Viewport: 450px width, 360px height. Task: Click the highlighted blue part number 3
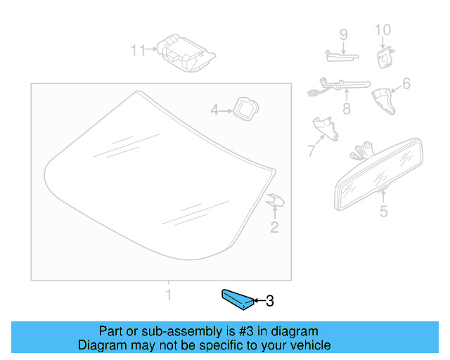tap(237, 299)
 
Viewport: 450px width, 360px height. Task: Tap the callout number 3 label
tap(269, 302)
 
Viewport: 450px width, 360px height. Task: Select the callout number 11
tap(138, 50)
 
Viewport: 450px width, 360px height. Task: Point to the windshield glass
tap(155, 176)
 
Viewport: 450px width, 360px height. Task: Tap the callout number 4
tap(216, 110)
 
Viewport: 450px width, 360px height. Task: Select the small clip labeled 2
tap(275, 202)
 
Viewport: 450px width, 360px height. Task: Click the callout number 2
tap(275, 226)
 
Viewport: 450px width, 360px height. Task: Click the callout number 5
tap(383, 211)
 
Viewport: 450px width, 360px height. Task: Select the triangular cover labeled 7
tap(324, 129)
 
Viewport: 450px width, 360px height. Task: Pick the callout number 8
tap(346, 109)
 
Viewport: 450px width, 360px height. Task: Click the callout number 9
tap(344, 34)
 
